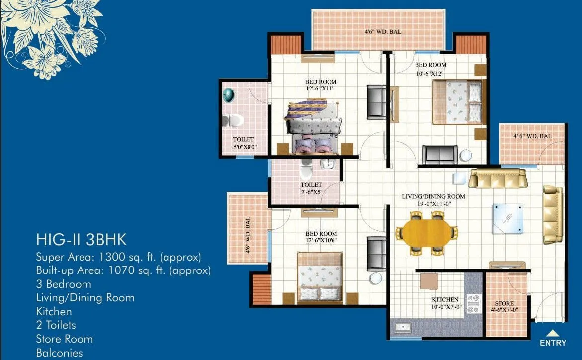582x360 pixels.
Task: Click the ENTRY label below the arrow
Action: point(553,343)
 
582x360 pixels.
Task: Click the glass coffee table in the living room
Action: point(507,218)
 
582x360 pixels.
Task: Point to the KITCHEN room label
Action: point(445,300)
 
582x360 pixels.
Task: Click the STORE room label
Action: point(504,303)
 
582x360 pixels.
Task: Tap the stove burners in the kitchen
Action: point(473,303)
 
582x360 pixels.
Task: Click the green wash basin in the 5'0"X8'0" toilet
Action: point(229,94)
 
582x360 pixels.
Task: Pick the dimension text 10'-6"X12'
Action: point(431,74)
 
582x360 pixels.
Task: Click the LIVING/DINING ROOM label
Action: point(433,197)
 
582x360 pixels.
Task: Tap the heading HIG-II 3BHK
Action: point(81,240)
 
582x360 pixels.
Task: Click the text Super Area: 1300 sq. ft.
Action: point(118,257)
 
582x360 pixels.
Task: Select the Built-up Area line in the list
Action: point(123,270)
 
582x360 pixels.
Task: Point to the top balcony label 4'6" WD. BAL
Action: point(383,32)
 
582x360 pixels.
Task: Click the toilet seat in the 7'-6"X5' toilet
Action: point(306,170)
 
